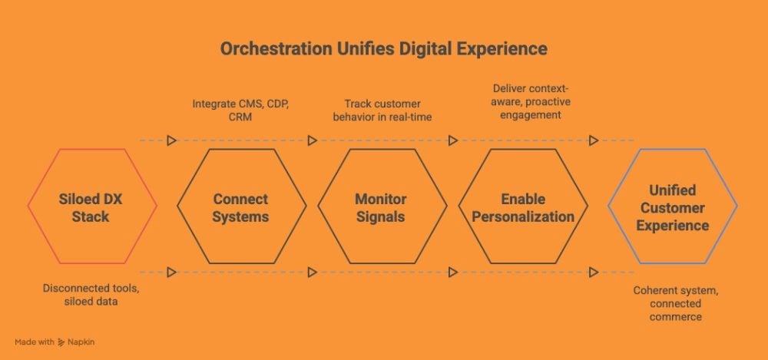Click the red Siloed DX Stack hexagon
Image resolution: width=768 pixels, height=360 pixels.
[28, 206]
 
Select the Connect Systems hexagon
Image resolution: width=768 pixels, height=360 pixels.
[178, 206]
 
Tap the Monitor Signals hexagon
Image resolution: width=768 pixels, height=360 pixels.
[319, 206]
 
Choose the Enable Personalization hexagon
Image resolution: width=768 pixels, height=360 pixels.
[459, 206]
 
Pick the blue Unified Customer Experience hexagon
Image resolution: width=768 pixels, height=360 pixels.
[609, 206]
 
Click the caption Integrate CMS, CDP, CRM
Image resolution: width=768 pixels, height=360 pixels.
[240, 111]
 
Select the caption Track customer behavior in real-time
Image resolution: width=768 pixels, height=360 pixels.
[382, 111]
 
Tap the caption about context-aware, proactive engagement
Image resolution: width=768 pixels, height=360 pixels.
[531, 102]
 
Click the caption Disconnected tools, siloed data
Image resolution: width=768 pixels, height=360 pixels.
[91, 295]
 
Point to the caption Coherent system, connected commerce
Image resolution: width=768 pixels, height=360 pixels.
[676, 304]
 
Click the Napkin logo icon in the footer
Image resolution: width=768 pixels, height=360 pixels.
[61, 342]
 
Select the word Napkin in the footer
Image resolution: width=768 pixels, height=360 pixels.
[81, 342]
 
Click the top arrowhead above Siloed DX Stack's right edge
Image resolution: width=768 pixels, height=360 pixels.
[171, 140]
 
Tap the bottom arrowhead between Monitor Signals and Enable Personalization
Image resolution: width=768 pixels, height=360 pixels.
[453, 272]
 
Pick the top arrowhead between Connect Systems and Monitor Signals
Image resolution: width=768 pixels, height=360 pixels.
[313, 140]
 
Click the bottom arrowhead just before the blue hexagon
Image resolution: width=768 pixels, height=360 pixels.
[594, 272]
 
